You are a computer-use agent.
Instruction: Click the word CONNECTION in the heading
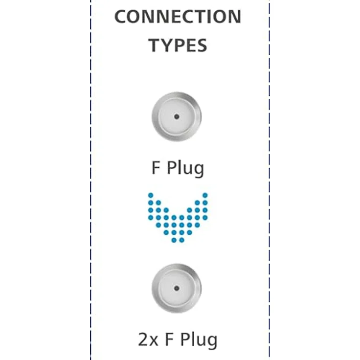(x=178, y=17)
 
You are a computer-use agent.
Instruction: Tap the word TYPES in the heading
(x=178, y=45)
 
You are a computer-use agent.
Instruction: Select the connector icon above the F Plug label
(x=177, y=116)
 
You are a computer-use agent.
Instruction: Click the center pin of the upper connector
(x=177, y=116)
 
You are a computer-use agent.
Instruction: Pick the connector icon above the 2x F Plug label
(x=177, y=289)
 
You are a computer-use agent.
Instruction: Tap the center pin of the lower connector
(x=177, y=289)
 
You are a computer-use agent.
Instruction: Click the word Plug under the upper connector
(x=185, y=169)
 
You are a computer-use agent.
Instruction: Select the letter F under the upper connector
(x=156, y=168)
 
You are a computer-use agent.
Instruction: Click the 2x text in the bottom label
(x=148, y=339)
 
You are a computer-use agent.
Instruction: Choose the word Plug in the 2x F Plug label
(x=199, y=341)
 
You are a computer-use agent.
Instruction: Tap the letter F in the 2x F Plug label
(x=169, y=339)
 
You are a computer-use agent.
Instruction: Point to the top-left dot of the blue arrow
(x=151, y=195)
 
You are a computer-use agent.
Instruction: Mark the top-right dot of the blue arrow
(x=205, y=195)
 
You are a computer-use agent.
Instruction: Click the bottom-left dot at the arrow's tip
(x=174, y=240)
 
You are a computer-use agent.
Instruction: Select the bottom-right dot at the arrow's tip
(x=181, y=240)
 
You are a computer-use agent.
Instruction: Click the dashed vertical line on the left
(x=90, y=180)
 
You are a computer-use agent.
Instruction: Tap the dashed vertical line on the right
(x=270, y=180)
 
